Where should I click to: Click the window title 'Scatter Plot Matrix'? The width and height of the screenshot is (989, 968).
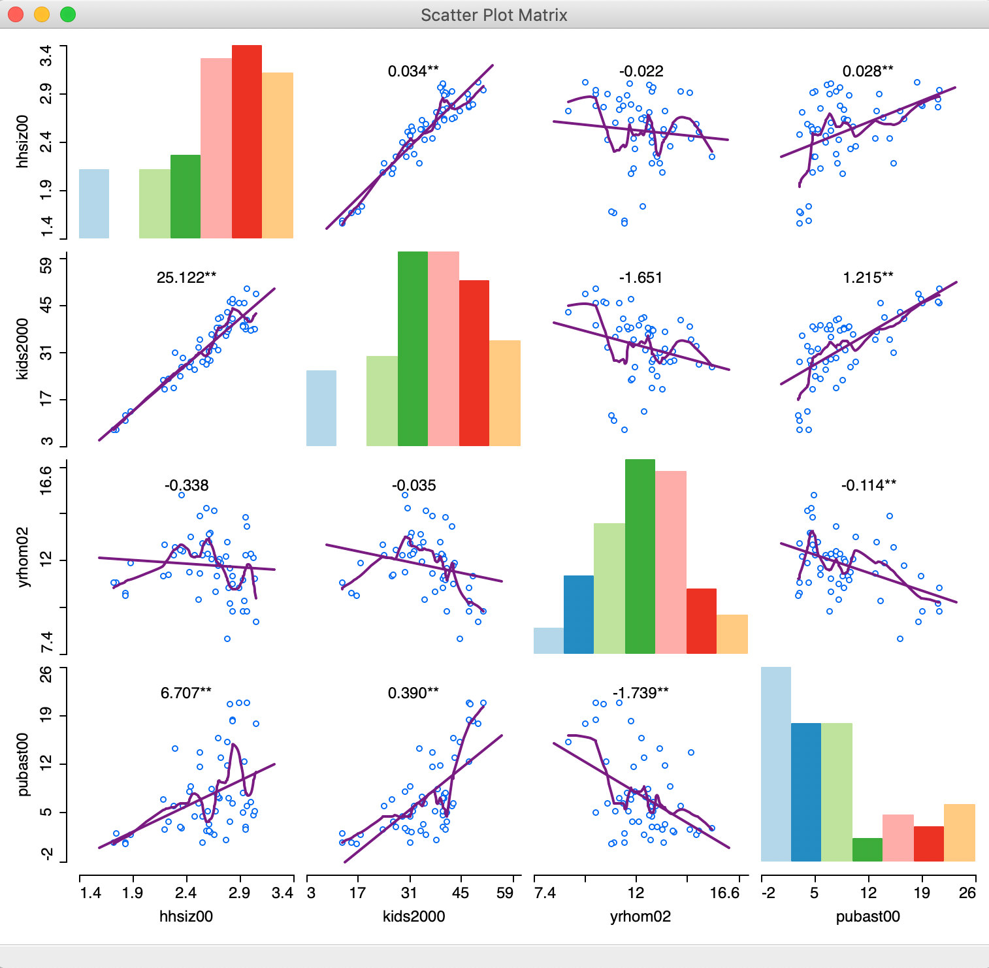(x=494, y=15)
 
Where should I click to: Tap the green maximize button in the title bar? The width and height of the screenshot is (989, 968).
(x=67, y=14)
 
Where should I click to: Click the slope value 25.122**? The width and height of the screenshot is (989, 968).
(x=186, y=278)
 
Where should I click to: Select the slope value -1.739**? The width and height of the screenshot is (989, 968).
(x=640, y=693)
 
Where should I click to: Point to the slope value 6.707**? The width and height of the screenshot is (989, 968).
(x=186, y=693)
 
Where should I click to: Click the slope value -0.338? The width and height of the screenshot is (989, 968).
(x=186, y=485)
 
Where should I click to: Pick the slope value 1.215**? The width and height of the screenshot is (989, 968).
(x=867, y=278)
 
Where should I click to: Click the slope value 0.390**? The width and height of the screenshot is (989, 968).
(x=413, y=693)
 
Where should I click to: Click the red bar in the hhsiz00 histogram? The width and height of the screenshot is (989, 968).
(x=247, y=142)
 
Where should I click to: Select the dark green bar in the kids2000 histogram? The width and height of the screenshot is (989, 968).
(x=413, y=349)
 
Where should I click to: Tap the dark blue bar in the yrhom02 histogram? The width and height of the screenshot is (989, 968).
(x=579, y=614)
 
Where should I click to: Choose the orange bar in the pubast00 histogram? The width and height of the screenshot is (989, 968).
(x=959, y=832)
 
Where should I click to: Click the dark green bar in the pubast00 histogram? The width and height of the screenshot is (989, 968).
(x=867, y=849)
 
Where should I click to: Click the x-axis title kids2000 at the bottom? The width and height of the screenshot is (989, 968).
(x=413, y=916)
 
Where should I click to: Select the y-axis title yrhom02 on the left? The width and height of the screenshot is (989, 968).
(x=24, y=557)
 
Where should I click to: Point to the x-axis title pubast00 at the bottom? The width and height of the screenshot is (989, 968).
(x=867, y=916)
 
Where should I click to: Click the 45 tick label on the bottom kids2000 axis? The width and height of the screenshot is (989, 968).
(x=461, y=893)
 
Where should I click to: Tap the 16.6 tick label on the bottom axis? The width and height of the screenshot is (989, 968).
(x=724, y=893)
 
